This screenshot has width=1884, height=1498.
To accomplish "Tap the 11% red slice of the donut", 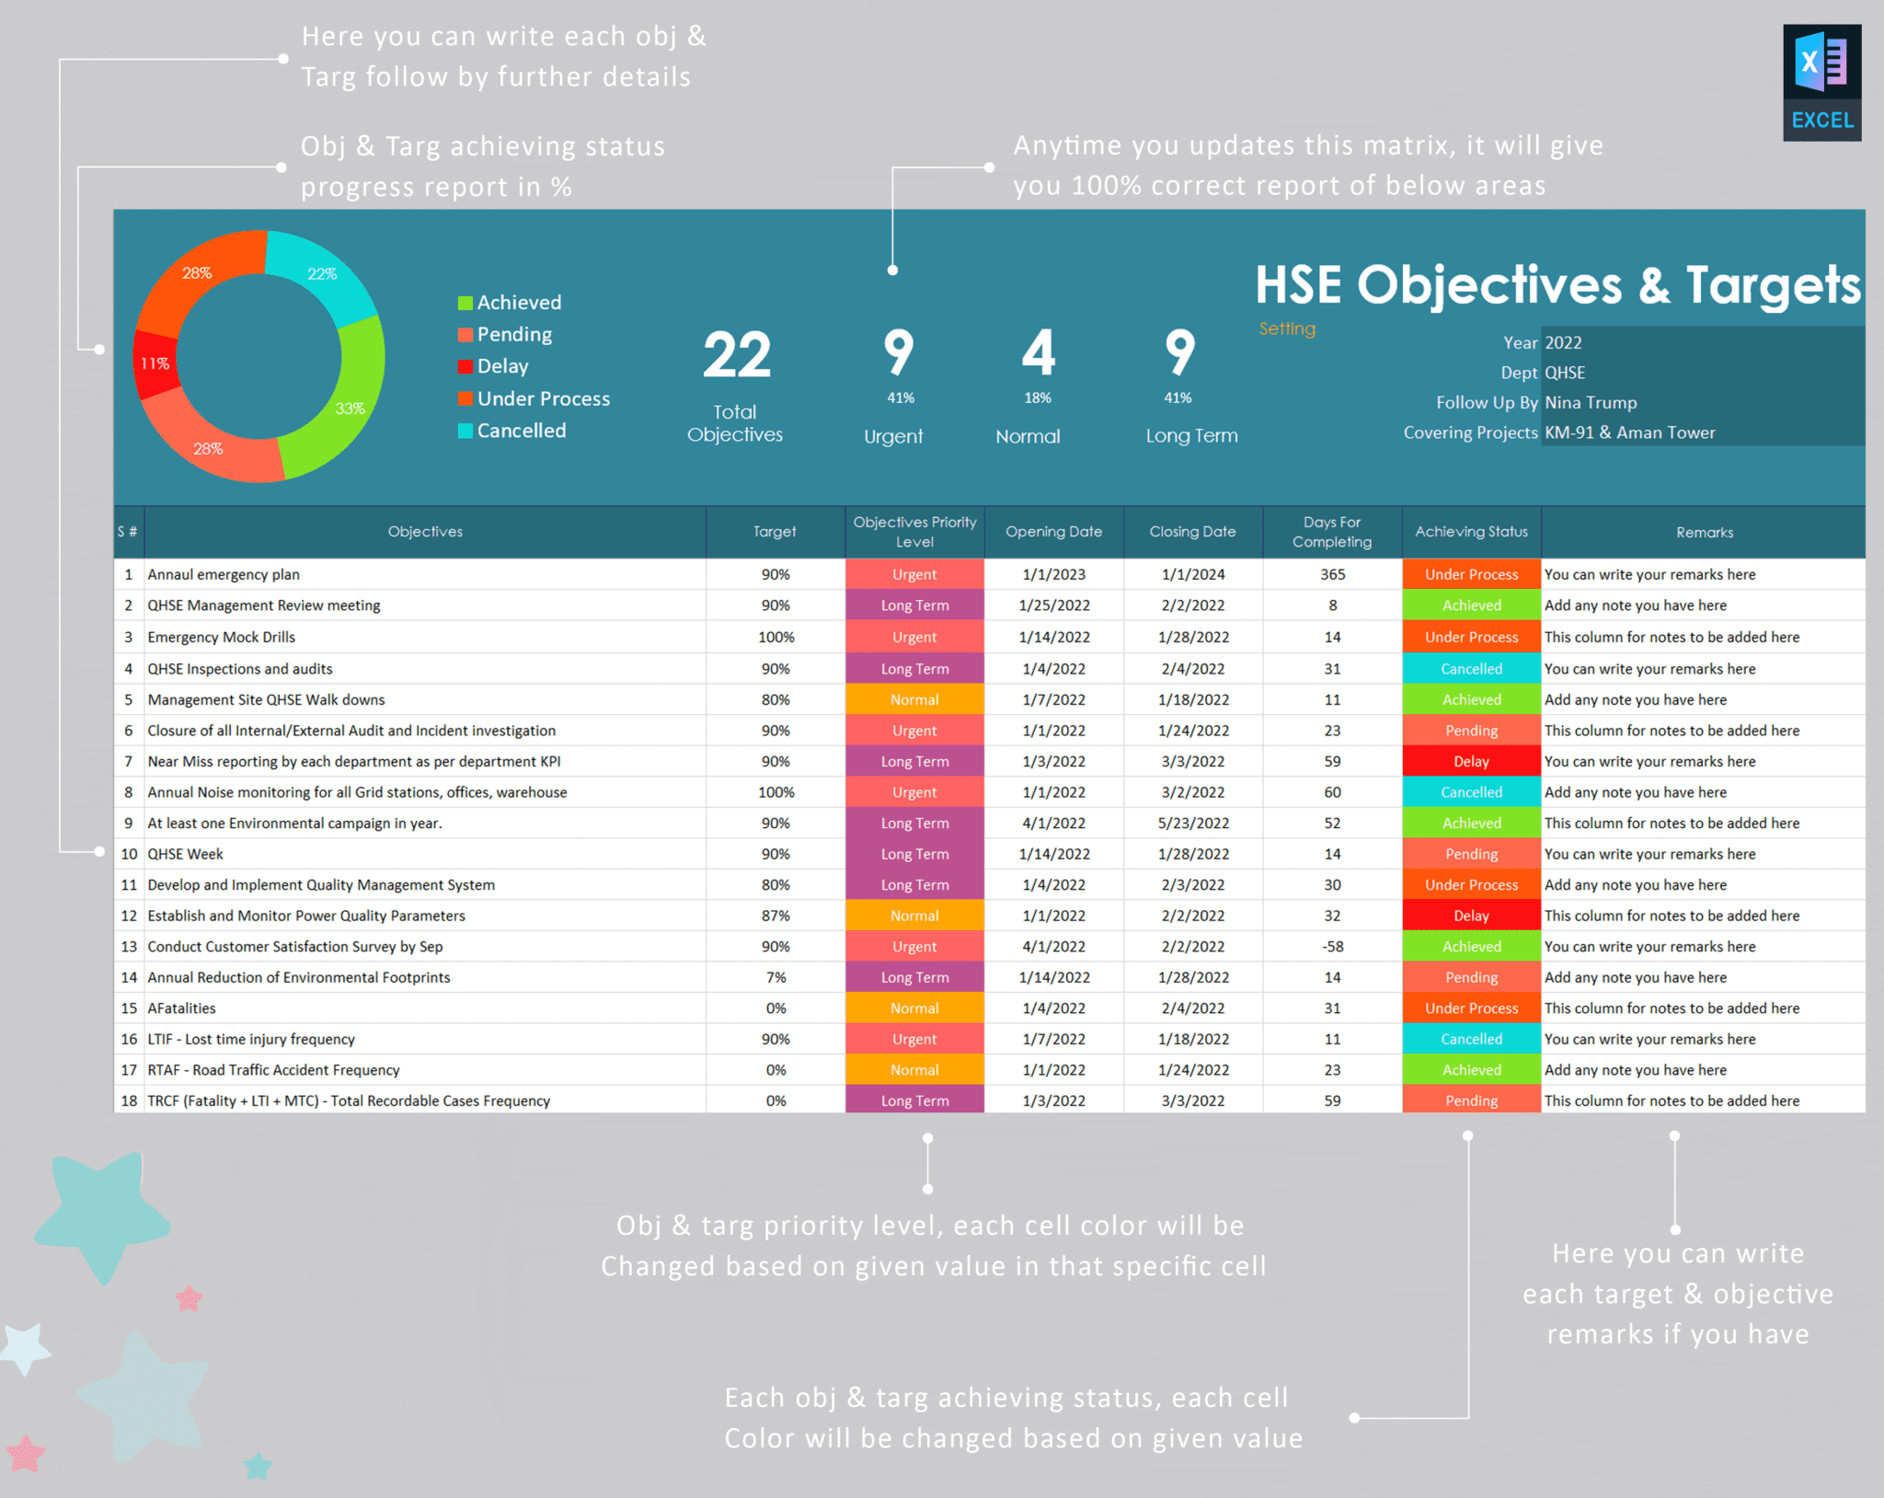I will pyautogui.click(x=155, y=363).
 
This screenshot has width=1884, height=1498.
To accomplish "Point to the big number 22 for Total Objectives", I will pyautogui.click(x=736, y=356).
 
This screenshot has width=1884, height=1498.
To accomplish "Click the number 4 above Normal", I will pyautogui.click(x=1038, y=352).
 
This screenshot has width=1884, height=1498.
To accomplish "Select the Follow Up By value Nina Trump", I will pyautogui.click(x=1591, y=402).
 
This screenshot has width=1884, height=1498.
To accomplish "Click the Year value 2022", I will pyautogui.click(x=1563, y=342).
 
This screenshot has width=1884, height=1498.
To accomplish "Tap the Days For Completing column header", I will pyautogui.click(x=1331, y=532).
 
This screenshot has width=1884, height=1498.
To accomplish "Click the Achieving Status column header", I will pyautogui.click(x=1471, y=532).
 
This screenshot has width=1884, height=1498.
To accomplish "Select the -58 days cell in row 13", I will pyautogui.click(x=1332, y=946).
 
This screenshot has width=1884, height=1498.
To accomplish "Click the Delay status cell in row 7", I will pyautogui.click(x=1471, y=761).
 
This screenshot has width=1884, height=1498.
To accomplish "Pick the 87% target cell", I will pyautogui.click(x=775, y=916).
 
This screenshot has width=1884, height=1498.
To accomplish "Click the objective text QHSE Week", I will pyautogui.click(x=186, y=854).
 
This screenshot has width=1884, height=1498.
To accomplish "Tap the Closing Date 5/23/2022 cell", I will pyautogui.click(x=1192, y=823).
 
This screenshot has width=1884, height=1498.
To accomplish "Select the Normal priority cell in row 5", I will pyautogui.click(x=914, y=699).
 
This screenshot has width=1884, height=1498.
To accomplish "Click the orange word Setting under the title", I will pyautogui.click(x=1287, y=328).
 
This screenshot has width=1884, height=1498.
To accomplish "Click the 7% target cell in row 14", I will pyautogui.click(x=775, y=977).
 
